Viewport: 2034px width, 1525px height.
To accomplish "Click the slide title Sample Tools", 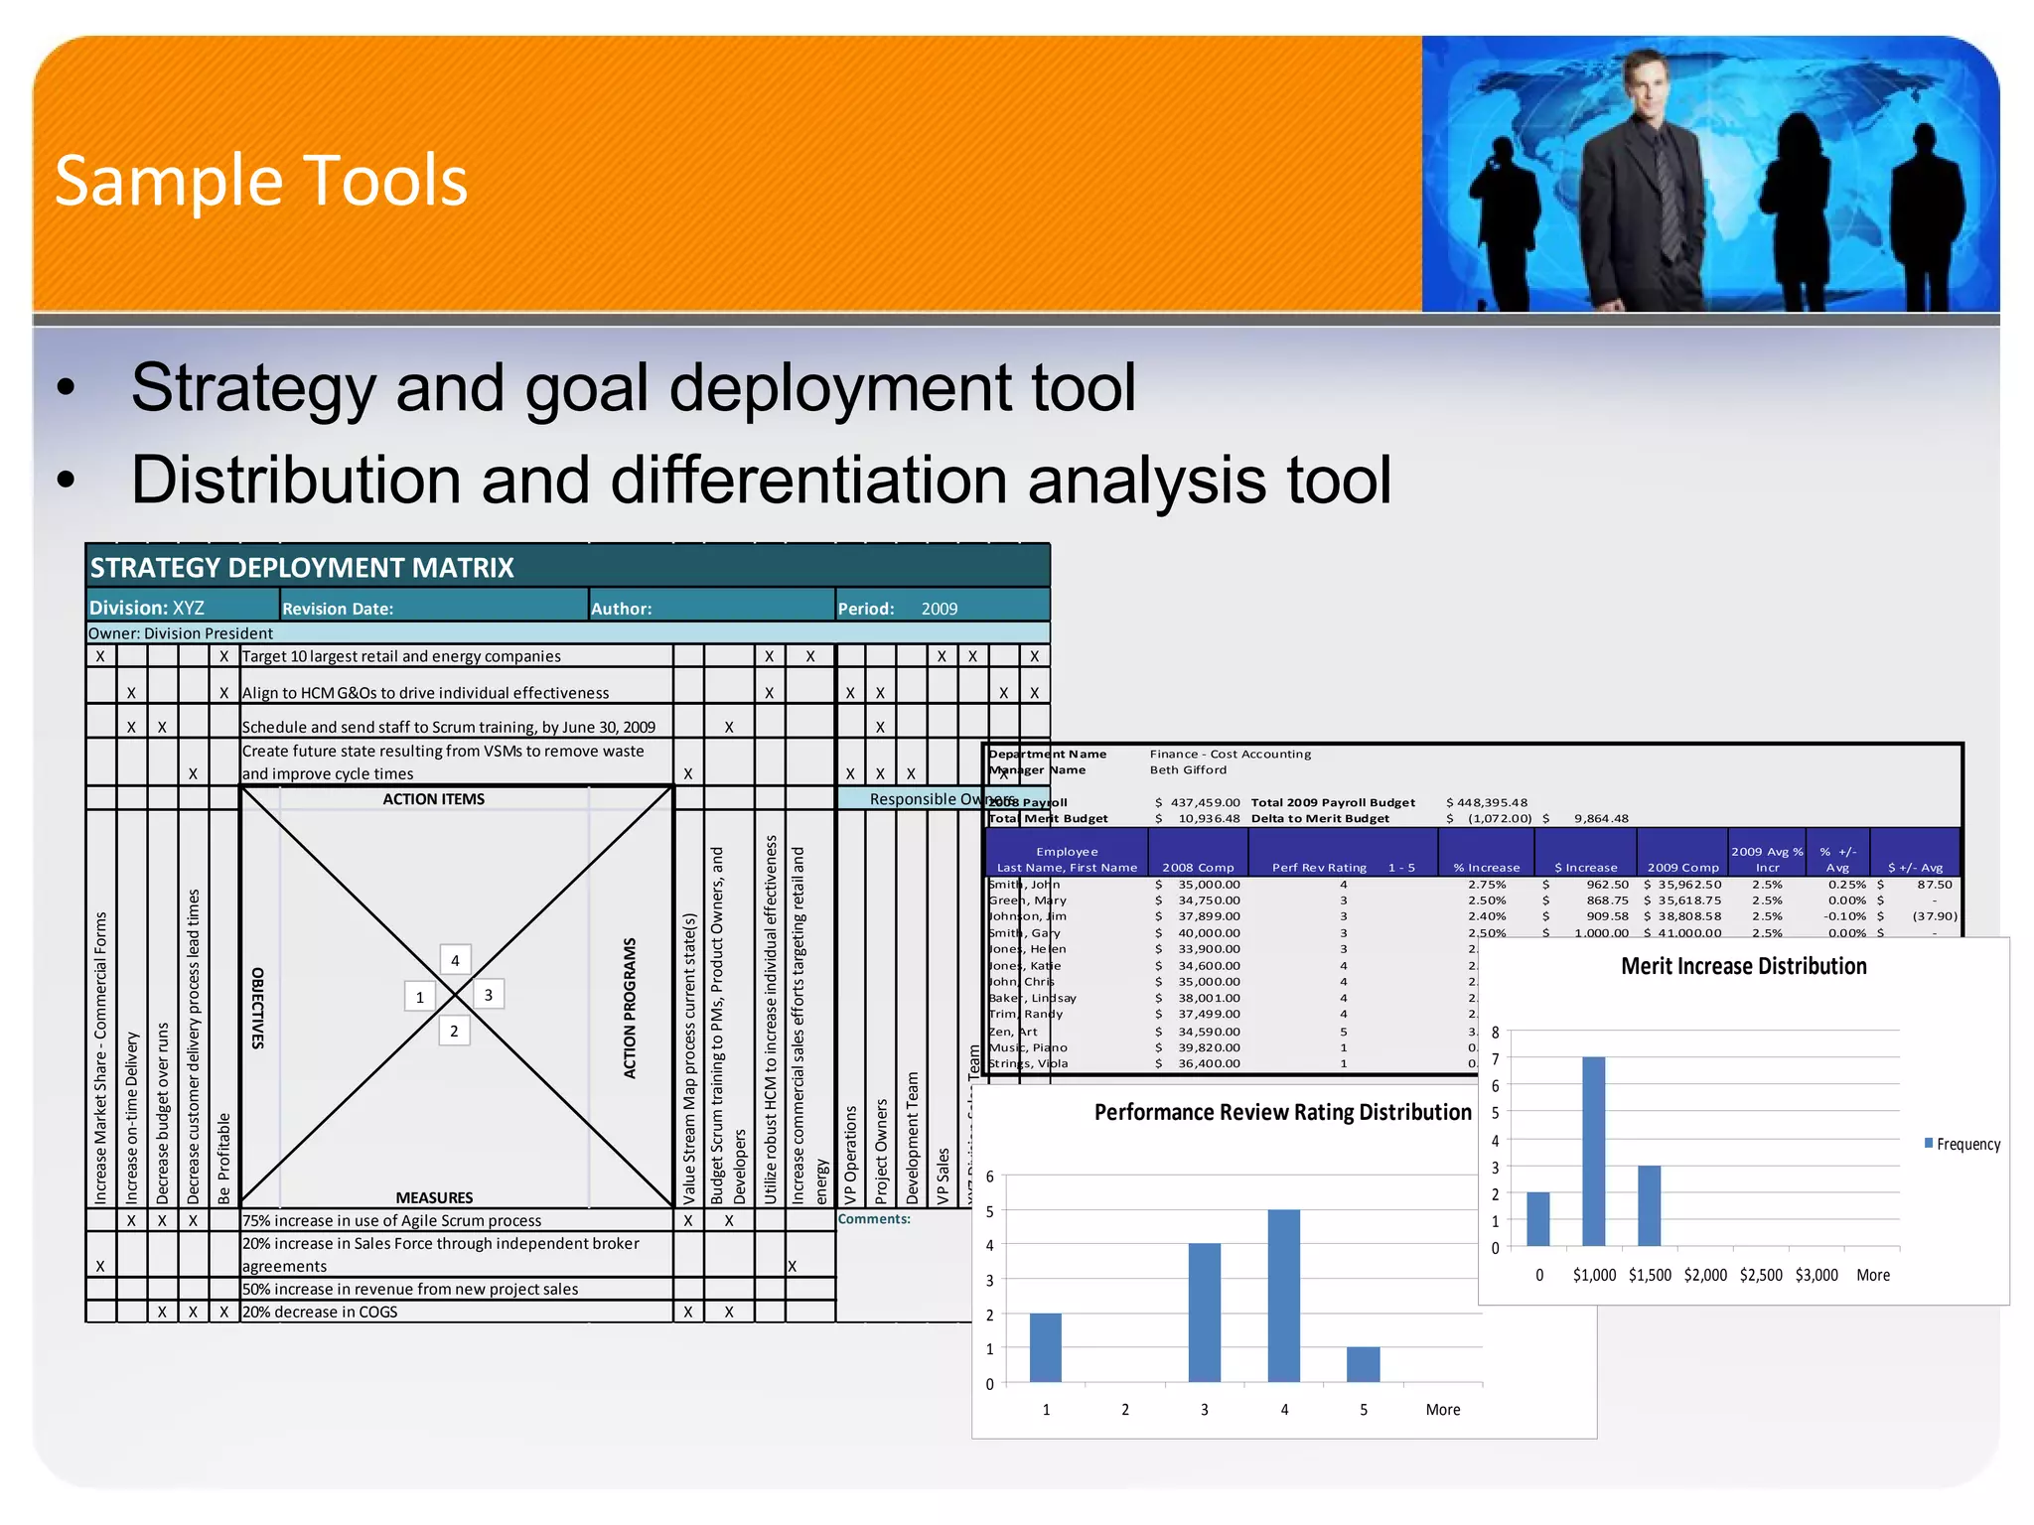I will click(x=260, y=181).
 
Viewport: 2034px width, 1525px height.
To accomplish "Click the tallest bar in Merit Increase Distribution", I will click(x=1593, y=1152).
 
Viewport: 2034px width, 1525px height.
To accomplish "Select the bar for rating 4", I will click(x=1283, y=1295).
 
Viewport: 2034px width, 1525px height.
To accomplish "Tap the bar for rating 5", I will click(x=1363, y=1364).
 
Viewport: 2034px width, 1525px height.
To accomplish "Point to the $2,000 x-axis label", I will click(x=1705, y=1275).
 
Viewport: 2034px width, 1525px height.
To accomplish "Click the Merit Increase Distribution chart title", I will click(x=1743, y=966).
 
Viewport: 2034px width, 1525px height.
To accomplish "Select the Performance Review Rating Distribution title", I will click(x=1282, y=1112).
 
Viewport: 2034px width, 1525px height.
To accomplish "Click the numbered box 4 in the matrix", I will click(x=455, y=960).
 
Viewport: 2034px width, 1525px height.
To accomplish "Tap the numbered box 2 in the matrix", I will click(x=454, y=1031).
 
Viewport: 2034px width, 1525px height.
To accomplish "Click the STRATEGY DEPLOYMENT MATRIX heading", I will click(x=302, y=568).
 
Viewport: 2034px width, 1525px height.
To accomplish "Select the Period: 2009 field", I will click(x=898, y=609).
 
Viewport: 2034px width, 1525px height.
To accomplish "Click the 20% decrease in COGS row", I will click(x=320, y=1312).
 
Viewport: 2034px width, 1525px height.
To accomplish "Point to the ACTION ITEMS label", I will click(x=433, y=799).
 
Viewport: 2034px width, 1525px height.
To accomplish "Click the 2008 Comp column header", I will click(x=1198, y=867).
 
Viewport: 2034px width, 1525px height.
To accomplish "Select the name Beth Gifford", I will click(x=1188, y=769).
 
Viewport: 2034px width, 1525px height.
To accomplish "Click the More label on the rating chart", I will click(x=1442, y=1410).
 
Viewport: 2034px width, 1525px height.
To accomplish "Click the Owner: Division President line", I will click(x=181, y=633).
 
